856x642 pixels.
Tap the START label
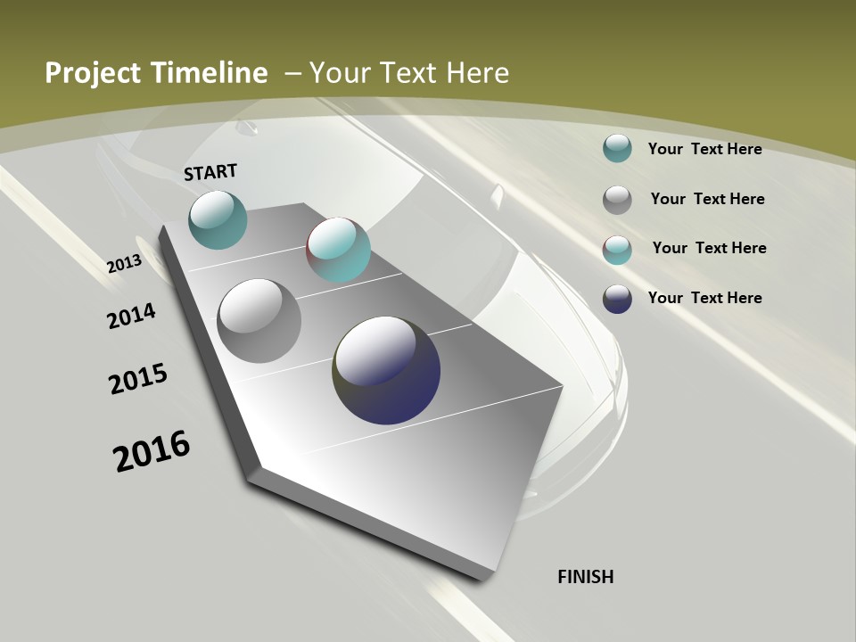pos(210,172)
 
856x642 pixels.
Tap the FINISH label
pos(586,577)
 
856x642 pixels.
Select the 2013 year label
pos(125,265)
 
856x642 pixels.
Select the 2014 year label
pos(132,316)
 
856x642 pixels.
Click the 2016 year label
pos(152,451)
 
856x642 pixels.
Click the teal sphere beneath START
pos(218,219)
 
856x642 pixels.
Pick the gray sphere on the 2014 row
pos(259,321)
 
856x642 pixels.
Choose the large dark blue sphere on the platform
pos(386,370)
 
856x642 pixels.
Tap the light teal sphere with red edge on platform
pos(338,250)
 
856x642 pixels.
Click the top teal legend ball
pos(617,148)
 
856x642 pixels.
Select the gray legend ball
pos(617,200)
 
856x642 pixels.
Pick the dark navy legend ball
pos(617,299)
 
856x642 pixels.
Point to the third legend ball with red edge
pos(617,250)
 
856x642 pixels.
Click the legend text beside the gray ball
pos(707,199)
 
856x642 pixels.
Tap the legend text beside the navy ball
pos(704,298)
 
